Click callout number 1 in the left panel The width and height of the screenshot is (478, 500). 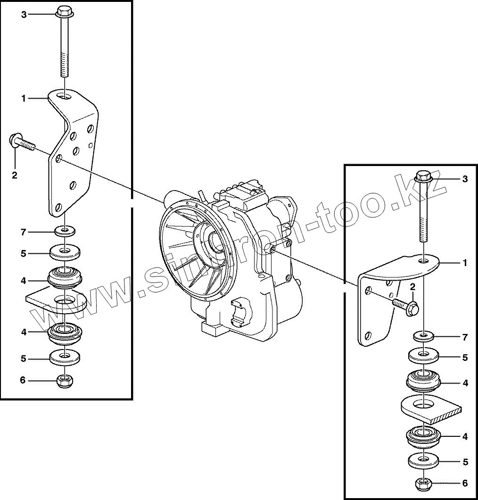pyautogui.click(x=23, y=98)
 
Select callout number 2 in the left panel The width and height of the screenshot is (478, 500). pyautogui.click(x=14, y=175)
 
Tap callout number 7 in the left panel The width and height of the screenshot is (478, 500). pyautogui.click(x=23, y=232)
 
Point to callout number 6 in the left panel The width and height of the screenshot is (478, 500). pyautogui.click(x=23, y=380)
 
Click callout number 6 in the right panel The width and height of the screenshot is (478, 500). pyautogui.click(x=465, y=483)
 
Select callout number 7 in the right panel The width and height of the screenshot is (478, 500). pyautogui.click(x=465, y=337)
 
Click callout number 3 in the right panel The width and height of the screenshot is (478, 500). pyautogui.click(x=465, y=179)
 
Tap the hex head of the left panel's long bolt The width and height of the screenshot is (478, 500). pyautogui.click(x=63, y=11)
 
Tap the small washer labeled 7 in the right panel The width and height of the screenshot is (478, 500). pyautogui.click(x=423, y=336)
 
